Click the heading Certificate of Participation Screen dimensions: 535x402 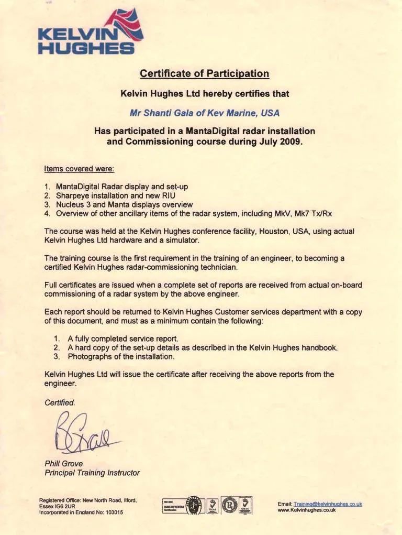click(205, 73)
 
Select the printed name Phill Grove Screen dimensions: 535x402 click(63, 463)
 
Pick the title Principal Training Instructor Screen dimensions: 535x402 click(92, 472)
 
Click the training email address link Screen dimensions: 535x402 click(328, 504)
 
